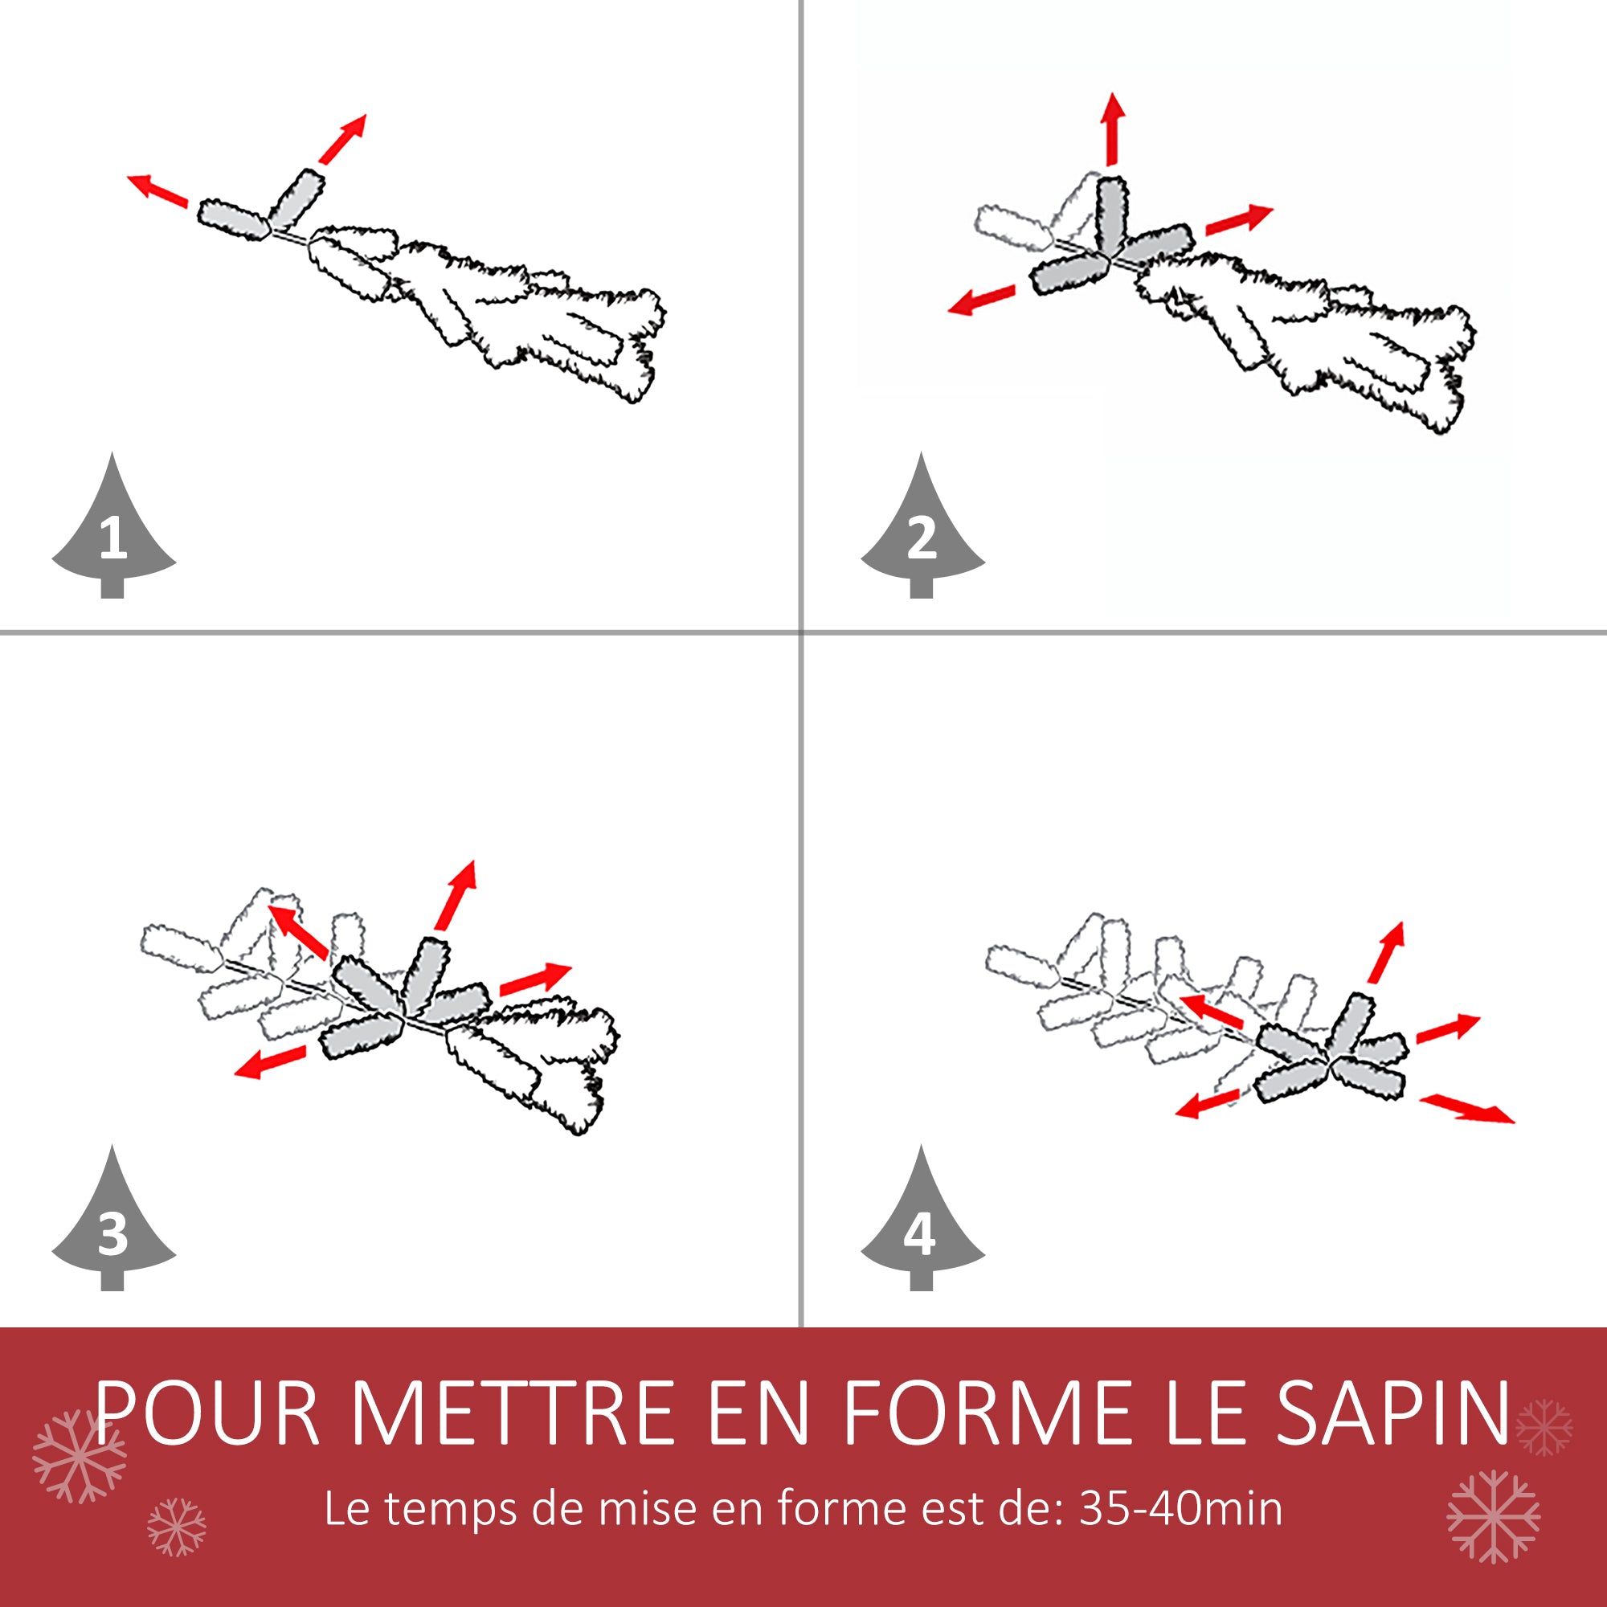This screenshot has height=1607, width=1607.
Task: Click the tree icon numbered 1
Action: [113, 533]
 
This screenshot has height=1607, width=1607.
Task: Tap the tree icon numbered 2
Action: [922, 533]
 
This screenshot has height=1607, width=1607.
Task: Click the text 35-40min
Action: [1180, 1509]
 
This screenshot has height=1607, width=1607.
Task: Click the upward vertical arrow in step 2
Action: [1112, 128]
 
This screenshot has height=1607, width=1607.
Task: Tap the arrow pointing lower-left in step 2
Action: [983, 301]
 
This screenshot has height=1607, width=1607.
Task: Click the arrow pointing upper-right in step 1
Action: [343, 139]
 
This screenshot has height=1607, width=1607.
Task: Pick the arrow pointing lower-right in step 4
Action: [1466, 1110]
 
